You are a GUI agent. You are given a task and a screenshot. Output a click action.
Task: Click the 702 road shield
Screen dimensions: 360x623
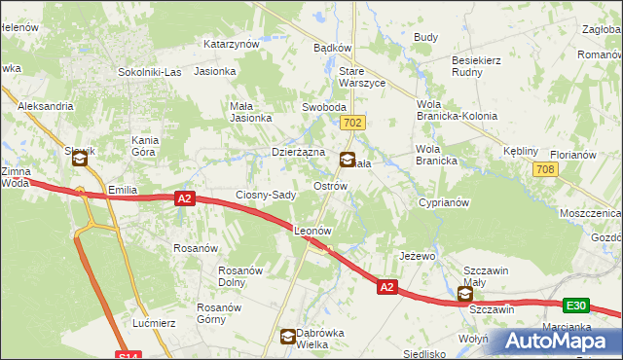[353, 123]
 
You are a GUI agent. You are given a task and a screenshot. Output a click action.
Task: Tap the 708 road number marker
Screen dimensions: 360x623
[545, 169]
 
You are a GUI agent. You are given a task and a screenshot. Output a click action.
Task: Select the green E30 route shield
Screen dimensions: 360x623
[575, 305]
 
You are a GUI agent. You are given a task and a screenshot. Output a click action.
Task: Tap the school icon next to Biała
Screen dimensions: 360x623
[347, 161]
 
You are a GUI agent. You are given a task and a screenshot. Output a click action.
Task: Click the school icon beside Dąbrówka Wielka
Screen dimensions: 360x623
[288, 338]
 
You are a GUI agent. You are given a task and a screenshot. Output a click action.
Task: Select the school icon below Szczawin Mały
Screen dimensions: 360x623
[465, 293]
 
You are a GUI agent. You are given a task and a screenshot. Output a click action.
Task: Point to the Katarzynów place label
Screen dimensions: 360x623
[231, 44]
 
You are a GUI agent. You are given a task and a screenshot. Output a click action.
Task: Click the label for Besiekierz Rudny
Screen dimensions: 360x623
[476, 65]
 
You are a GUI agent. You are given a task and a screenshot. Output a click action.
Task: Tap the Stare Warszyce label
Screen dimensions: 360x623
[362, 78]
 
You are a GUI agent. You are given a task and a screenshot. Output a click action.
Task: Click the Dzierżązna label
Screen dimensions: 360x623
[297, 152]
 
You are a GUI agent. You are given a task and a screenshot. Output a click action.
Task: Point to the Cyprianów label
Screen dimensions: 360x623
[445, 202]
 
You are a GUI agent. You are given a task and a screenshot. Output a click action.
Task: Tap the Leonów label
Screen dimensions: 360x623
[313, 231]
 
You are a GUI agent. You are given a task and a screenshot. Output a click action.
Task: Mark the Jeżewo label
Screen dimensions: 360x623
[416, 256]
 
